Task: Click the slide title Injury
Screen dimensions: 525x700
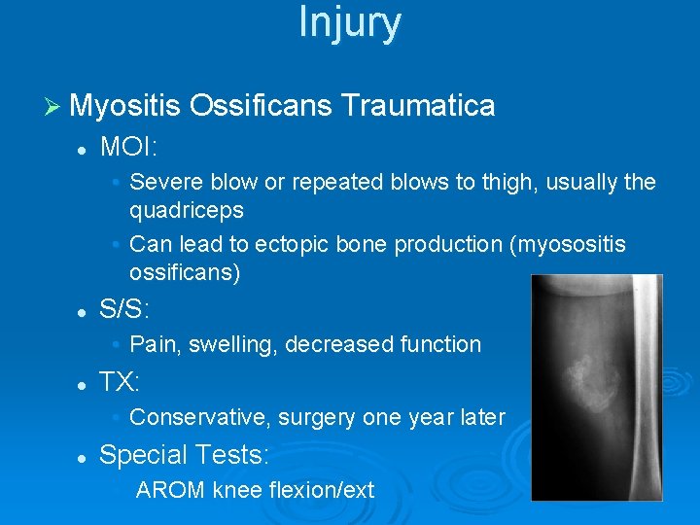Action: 349,23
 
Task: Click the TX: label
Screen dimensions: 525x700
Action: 121,382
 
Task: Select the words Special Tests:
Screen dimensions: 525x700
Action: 185,454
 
